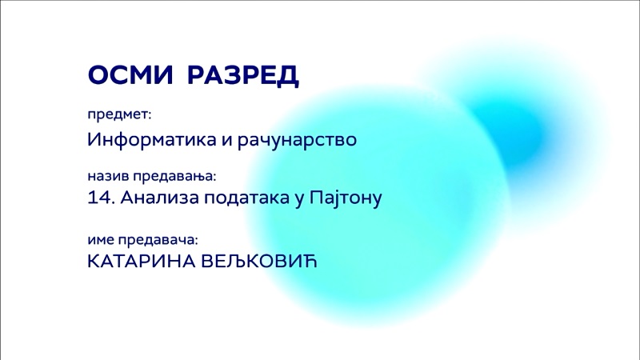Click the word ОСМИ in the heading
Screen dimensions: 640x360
(x=130, y=74)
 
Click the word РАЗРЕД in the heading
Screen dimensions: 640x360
(x=243, y=76)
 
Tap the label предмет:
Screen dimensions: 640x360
(x=119, y=115)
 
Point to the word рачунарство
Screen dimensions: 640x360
(x=297, y=140)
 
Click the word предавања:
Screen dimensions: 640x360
(x=174, y=177)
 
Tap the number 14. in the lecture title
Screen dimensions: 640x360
(x=102, y=198)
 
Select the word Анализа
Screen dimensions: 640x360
(x=159, y=198)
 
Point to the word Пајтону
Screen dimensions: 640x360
(x=346, y=198)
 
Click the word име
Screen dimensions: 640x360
(x=101, y=240)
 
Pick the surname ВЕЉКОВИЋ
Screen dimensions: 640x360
(x=259, y=262)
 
